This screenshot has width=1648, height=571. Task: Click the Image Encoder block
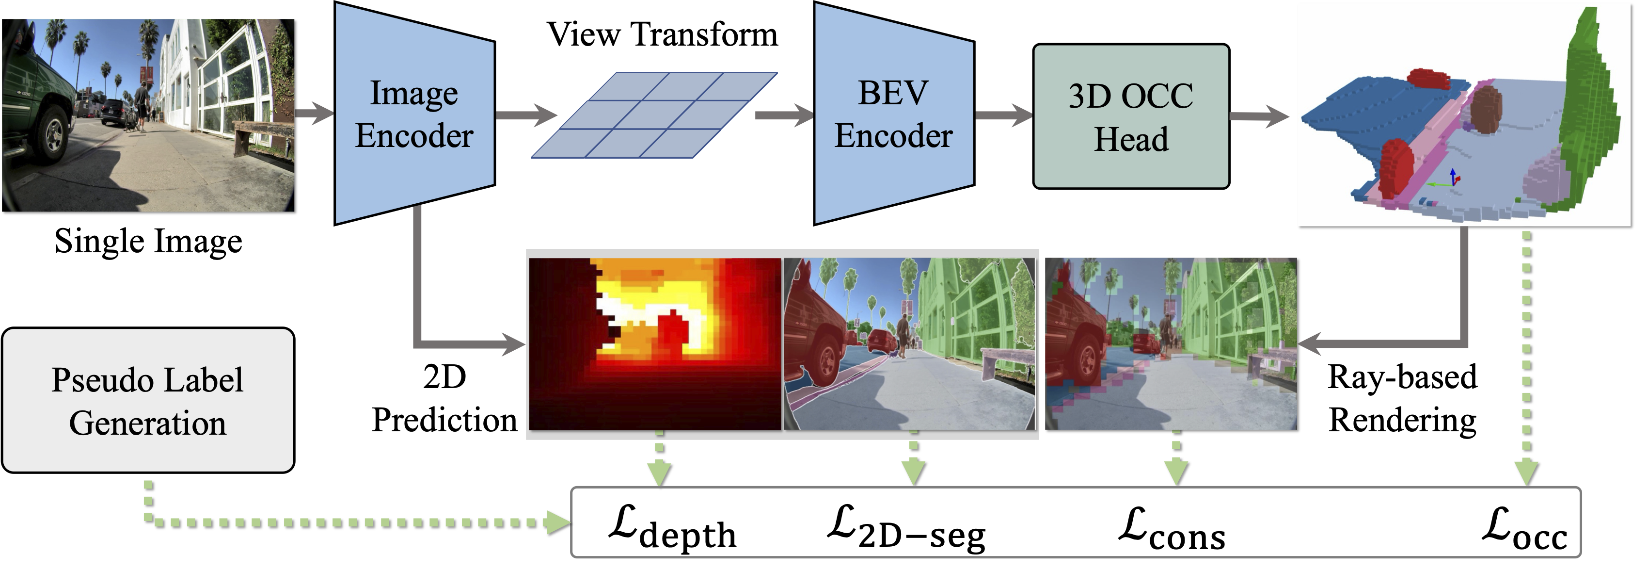click(414, 114)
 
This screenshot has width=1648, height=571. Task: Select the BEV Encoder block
click(894, 114)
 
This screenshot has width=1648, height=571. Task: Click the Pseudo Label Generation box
click(148, 401)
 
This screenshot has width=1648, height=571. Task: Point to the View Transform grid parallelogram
click(654, 115)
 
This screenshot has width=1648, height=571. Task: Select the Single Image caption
click(148, 241)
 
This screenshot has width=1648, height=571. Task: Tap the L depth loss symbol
click(672, 528)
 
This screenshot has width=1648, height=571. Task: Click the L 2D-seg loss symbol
click(906, 528)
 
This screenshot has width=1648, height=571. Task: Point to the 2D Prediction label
click(444, 398)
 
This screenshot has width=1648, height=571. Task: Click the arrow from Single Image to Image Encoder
click(314, 114)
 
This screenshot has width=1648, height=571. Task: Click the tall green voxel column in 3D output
click(1593, 109)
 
